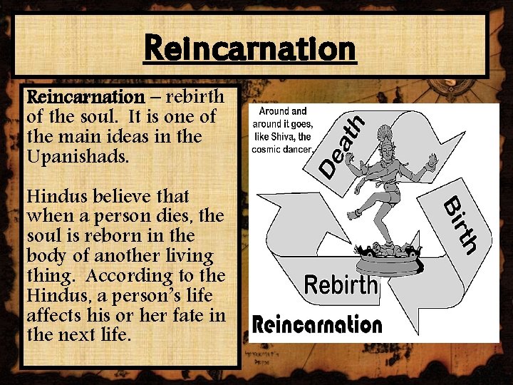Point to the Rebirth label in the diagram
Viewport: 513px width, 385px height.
(341, 285)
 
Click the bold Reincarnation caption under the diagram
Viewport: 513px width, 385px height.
(318, 325)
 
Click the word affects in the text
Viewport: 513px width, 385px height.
(52, 314)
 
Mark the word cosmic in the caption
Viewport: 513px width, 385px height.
(267, 149)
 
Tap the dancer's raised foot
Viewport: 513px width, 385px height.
(353, 215)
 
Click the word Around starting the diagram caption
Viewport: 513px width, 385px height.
(274, 111)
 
